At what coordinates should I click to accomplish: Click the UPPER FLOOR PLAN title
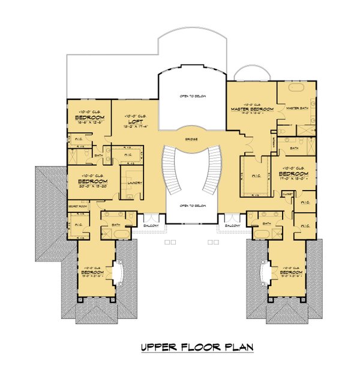tap(197, 347)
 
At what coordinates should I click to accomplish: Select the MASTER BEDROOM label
tap(252, 109)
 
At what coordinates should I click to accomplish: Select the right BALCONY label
tap(233, 226)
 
